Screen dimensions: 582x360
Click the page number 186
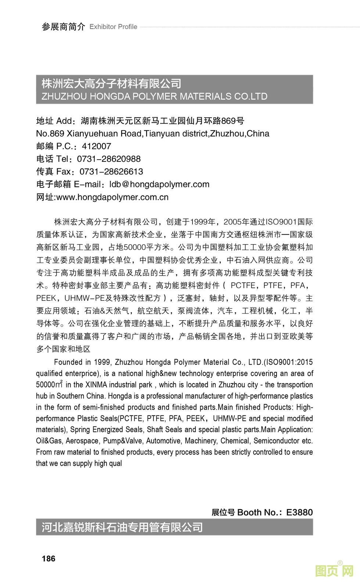pos(48,558)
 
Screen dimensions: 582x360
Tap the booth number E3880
pos(299,512)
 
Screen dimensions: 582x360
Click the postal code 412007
pos(96,146)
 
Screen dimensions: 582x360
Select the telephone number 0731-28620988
pos(109,159)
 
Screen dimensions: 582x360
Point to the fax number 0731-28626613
pos(111,172)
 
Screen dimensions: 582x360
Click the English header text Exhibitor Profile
pos(113,27)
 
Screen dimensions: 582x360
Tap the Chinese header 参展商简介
pos(63,27)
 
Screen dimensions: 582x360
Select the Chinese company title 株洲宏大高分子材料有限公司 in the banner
pos(111,84)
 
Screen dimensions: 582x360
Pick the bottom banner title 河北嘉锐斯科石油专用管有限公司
pos(122,527)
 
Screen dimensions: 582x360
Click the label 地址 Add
pos(54,121)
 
